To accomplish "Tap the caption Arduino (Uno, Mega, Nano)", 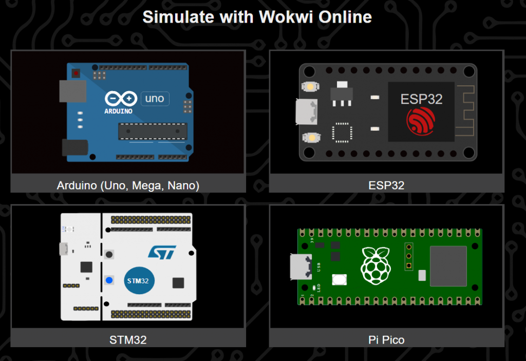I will click(x=128, y=185).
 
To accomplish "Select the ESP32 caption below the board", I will click(x=386, y=185).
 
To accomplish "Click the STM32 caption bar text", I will click(x=128, y=339).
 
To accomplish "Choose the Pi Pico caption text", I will click(x=386, y=339).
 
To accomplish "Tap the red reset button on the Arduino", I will click(x=77, y=73).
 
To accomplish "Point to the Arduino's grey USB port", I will click(x=66, y=91).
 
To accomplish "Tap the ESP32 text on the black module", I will click(x=421, y=99).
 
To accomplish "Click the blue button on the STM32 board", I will click(x=109, y=280).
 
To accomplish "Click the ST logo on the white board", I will click(x=162, y=252).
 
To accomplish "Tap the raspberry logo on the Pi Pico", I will click(x=374, y=265).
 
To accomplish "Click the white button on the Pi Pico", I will click(x=339, y=280).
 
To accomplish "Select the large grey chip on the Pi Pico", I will click(x=448, y=266).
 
